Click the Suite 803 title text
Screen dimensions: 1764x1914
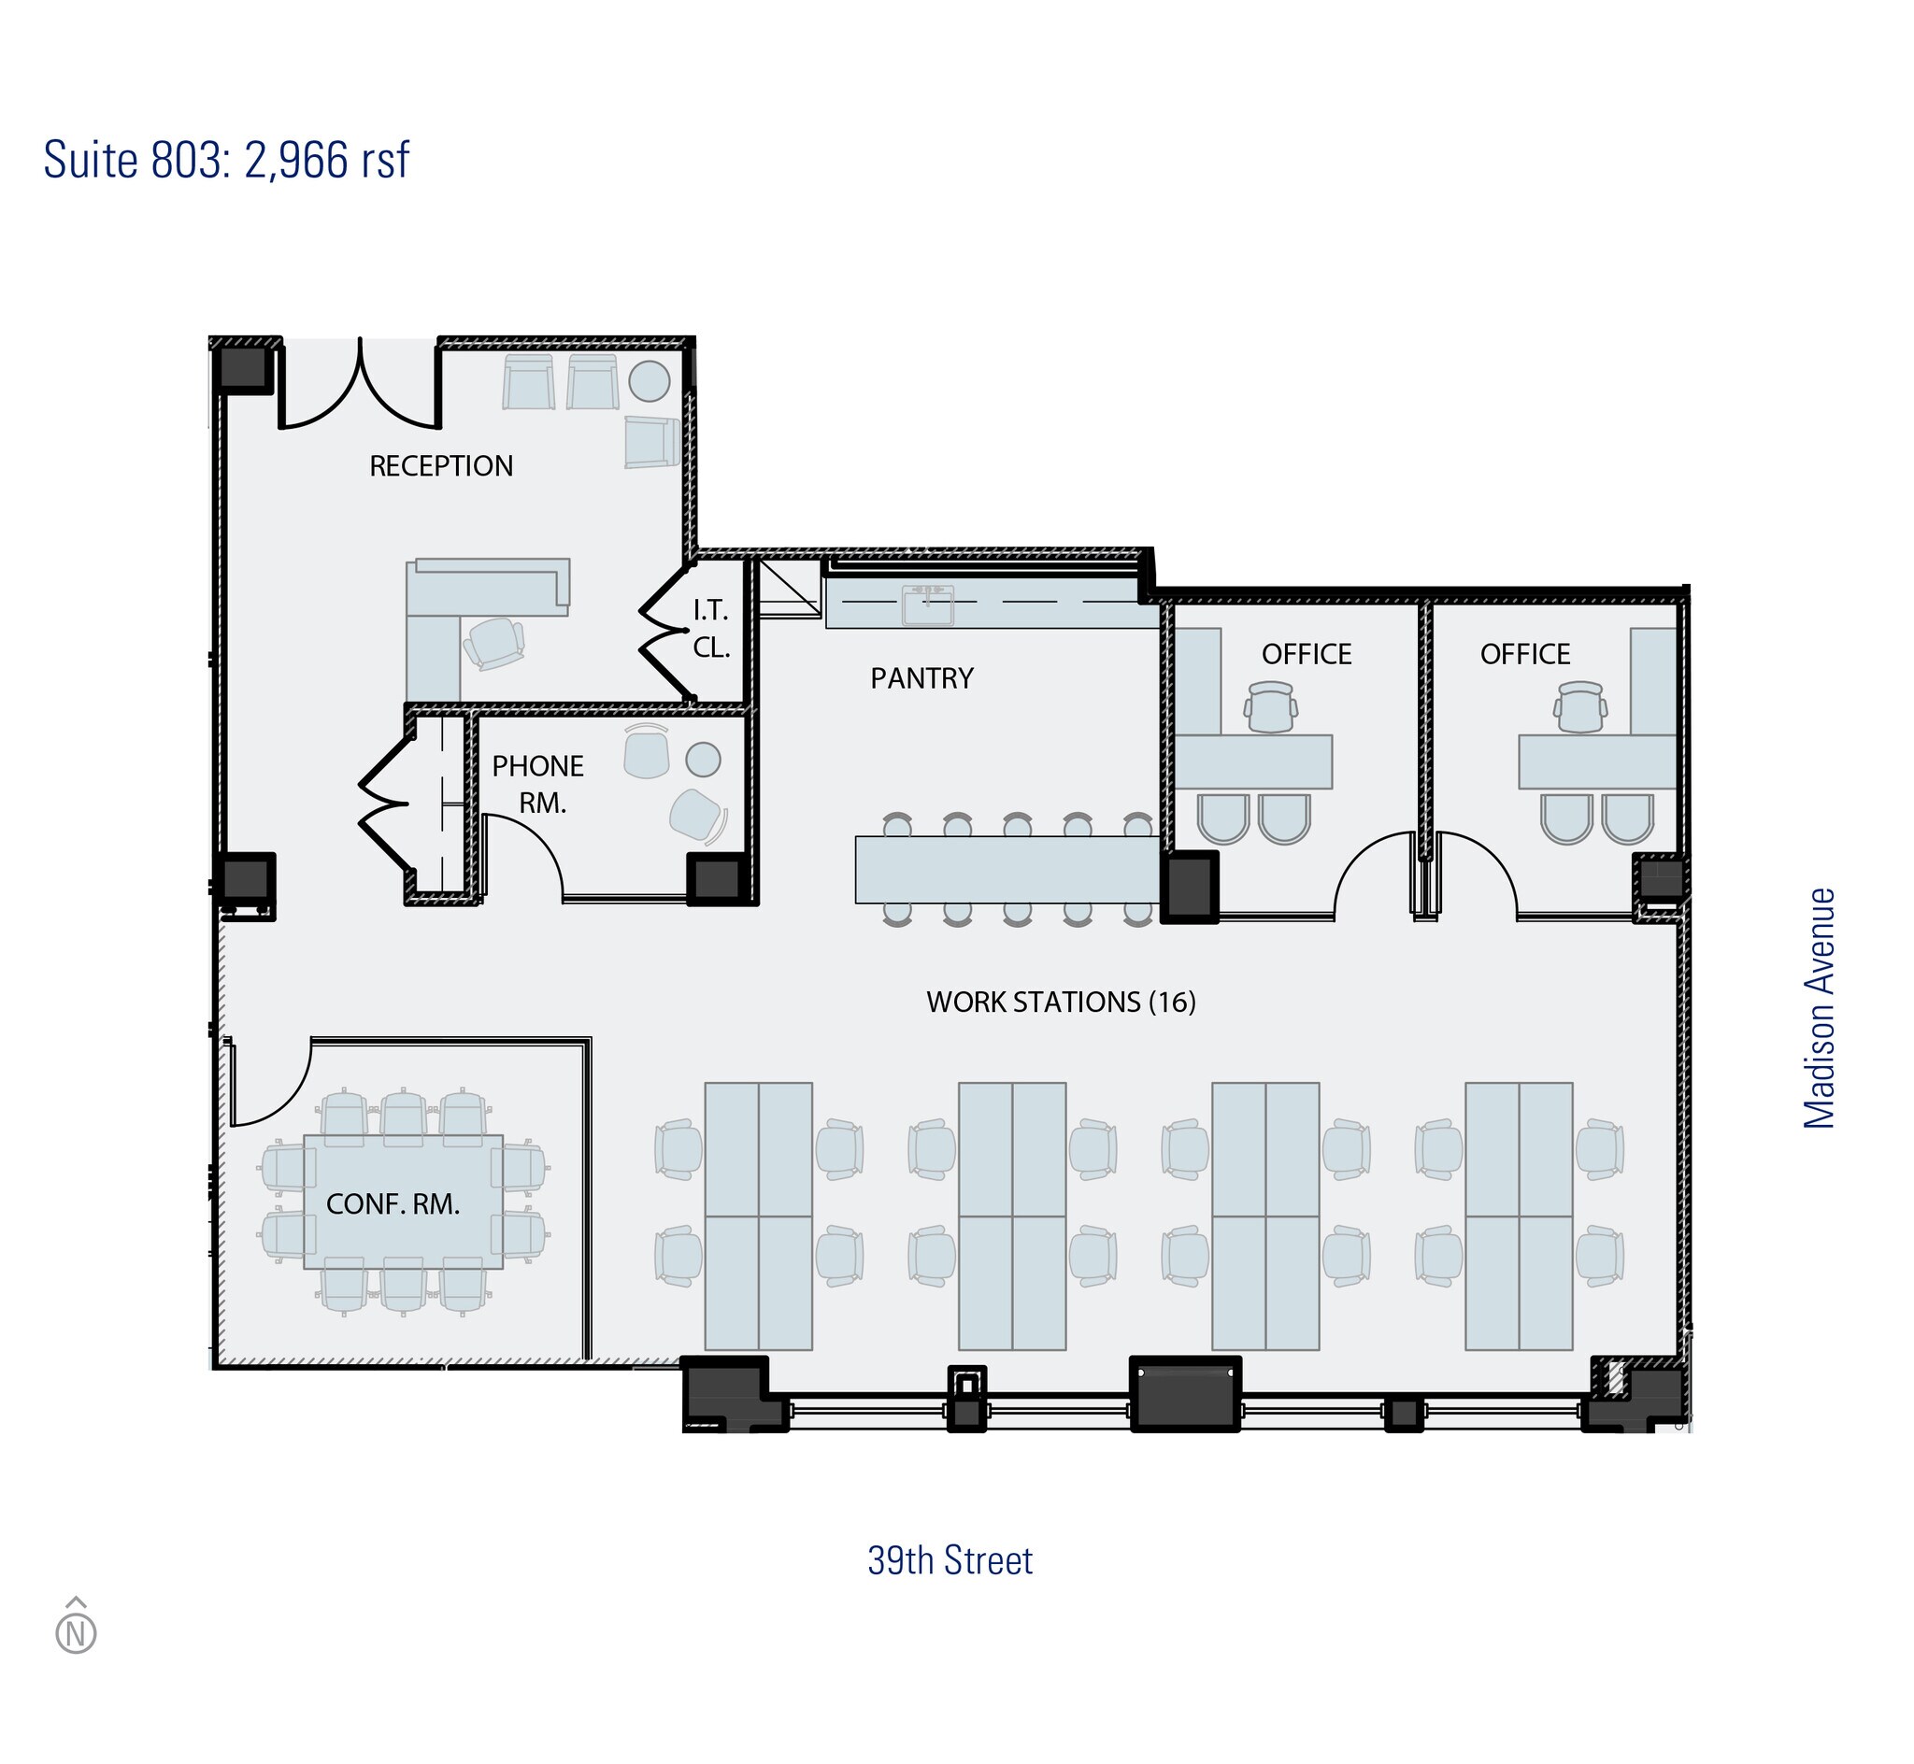click(x=226, y=161)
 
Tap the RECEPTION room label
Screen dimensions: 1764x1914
click(x=441, y=466)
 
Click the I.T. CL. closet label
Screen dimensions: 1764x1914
click(x=711, y=628)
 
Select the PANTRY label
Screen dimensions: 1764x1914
click(x=921, y=678)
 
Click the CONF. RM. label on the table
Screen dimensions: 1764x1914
click(x=393, y=1204)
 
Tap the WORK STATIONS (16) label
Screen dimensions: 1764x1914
click(x=1061, y=1003)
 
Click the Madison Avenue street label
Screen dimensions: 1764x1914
click(x=1820, y=1008)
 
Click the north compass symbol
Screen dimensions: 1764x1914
click(x=77, y=1633)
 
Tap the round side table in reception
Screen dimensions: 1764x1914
click(x=650, y=381)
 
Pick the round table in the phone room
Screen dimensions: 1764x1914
click(x=704, y=760)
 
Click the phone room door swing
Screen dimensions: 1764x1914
click(x=523, y=855)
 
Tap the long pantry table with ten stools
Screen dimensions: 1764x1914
click(x=1007, y=869)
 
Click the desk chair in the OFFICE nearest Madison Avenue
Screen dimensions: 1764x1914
click(x=1579, y=706)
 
